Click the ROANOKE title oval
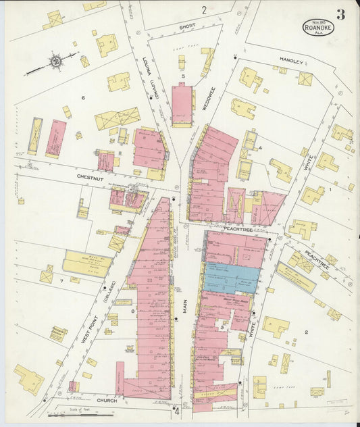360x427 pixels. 317,27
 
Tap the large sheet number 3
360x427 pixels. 341,15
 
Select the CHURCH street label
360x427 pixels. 106,400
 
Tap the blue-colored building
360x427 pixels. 232,278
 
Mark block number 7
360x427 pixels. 61,280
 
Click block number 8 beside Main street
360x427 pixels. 133,311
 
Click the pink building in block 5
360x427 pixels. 182,105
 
